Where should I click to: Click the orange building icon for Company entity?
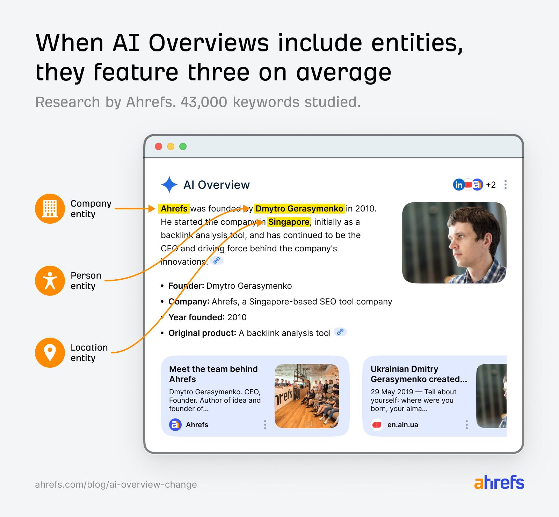[50, 209]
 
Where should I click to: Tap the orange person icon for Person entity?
[50, 281]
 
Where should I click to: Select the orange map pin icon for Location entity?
[50, 353]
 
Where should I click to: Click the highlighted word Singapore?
[289, 222]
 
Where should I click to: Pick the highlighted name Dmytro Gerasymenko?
[299, 209]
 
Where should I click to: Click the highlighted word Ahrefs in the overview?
[174, 209]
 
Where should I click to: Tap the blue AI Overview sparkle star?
[169, 185]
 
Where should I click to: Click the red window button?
[159, 146]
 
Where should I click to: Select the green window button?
[183, 146]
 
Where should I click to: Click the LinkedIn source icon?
[458, 185]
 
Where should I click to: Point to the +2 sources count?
[491, 185]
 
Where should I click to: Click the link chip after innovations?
[217, 260]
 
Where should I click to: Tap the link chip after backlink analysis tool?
[340, 332]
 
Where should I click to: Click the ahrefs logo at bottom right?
[499, 482]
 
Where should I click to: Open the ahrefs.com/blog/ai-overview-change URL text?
[116, 484]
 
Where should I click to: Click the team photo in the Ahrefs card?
[307, 396]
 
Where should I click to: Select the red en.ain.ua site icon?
[377, 425]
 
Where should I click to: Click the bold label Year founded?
[196, 317]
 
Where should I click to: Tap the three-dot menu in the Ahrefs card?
[265, 425]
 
